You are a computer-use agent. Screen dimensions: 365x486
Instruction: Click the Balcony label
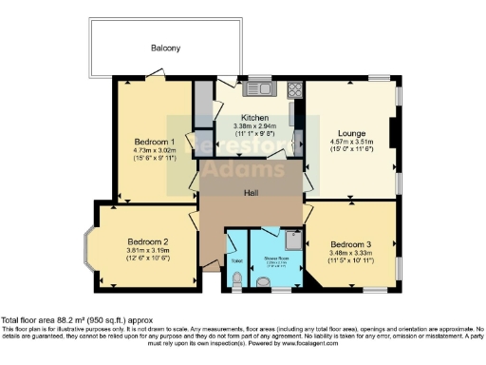point(164,48)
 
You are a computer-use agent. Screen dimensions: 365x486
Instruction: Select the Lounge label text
point(351,134)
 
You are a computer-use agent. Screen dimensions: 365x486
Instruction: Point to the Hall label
point(252,193)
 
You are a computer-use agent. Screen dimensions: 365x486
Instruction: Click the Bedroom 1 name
point(153,140)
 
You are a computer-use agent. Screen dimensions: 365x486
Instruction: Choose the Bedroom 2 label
point(148,241)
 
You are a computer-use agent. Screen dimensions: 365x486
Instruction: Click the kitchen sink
point(256,90)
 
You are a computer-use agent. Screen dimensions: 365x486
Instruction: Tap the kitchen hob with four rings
point(293,91)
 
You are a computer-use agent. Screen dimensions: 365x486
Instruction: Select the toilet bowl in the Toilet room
point(235,279)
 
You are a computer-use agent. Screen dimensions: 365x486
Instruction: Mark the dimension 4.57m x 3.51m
point(351,144)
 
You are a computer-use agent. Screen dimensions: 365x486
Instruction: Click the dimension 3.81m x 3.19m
point(148,250)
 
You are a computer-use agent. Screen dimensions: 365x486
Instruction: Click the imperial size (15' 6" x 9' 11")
point(153,157)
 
